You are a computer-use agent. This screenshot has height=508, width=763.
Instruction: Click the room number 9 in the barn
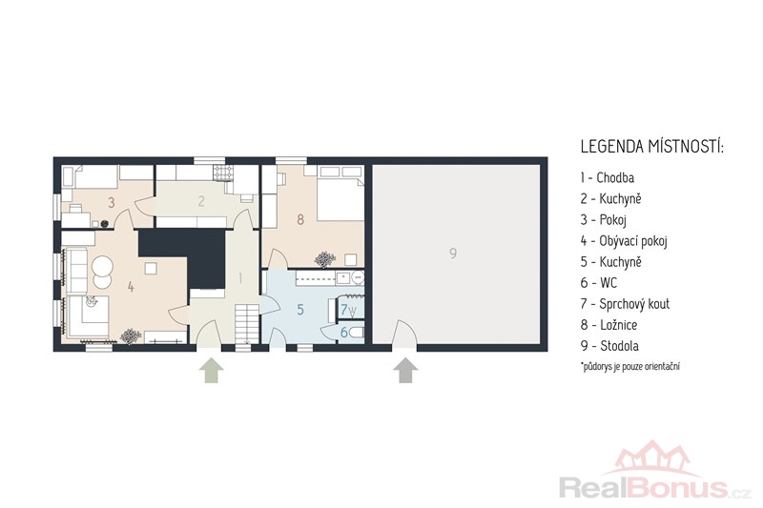(x=453, y=254)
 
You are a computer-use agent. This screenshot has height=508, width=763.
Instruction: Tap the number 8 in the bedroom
(x=300, y=220)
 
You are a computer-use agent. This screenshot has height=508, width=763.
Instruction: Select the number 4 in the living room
(x=131, y=287)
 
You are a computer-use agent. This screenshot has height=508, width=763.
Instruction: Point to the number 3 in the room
(x=112, y=202)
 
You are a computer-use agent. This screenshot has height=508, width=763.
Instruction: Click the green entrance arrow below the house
(x=211, y=370)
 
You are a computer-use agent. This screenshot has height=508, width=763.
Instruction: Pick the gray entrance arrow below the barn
(x=405, y=370)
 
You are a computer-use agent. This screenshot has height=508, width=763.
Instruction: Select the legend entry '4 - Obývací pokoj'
(x=624, y=240)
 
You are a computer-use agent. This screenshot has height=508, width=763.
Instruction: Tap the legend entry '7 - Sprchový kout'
(x=625, y=304)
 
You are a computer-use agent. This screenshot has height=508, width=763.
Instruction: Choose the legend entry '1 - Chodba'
(x=607, y=177)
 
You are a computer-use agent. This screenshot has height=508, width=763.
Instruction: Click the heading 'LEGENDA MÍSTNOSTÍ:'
(x=652, y=147)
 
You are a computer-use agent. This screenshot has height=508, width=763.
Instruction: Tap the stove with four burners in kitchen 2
(x=222, y=173)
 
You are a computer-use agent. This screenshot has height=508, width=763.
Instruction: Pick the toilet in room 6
(x=357, y=333)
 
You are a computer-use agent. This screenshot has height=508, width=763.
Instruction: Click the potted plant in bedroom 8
(x=324, y=259)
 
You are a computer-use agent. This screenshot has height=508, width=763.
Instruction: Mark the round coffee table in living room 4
(x=102, y=267)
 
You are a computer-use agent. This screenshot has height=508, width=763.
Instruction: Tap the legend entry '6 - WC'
(x=598, y=282)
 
